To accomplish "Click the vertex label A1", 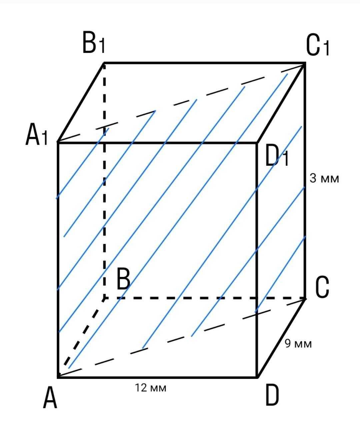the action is [x=37, y=134].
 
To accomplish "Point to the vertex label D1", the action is [x=277, y=156].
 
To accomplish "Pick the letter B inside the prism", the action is [x=123, y=280].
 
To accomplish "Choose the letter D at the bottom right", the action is [x=272, y=396].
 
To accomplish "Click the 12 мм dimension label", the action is [x=151, y=388].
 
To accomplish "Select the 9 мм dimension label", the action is [x=298, y=343].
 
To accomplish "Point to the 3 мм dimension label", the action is [x=324, y=178].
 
